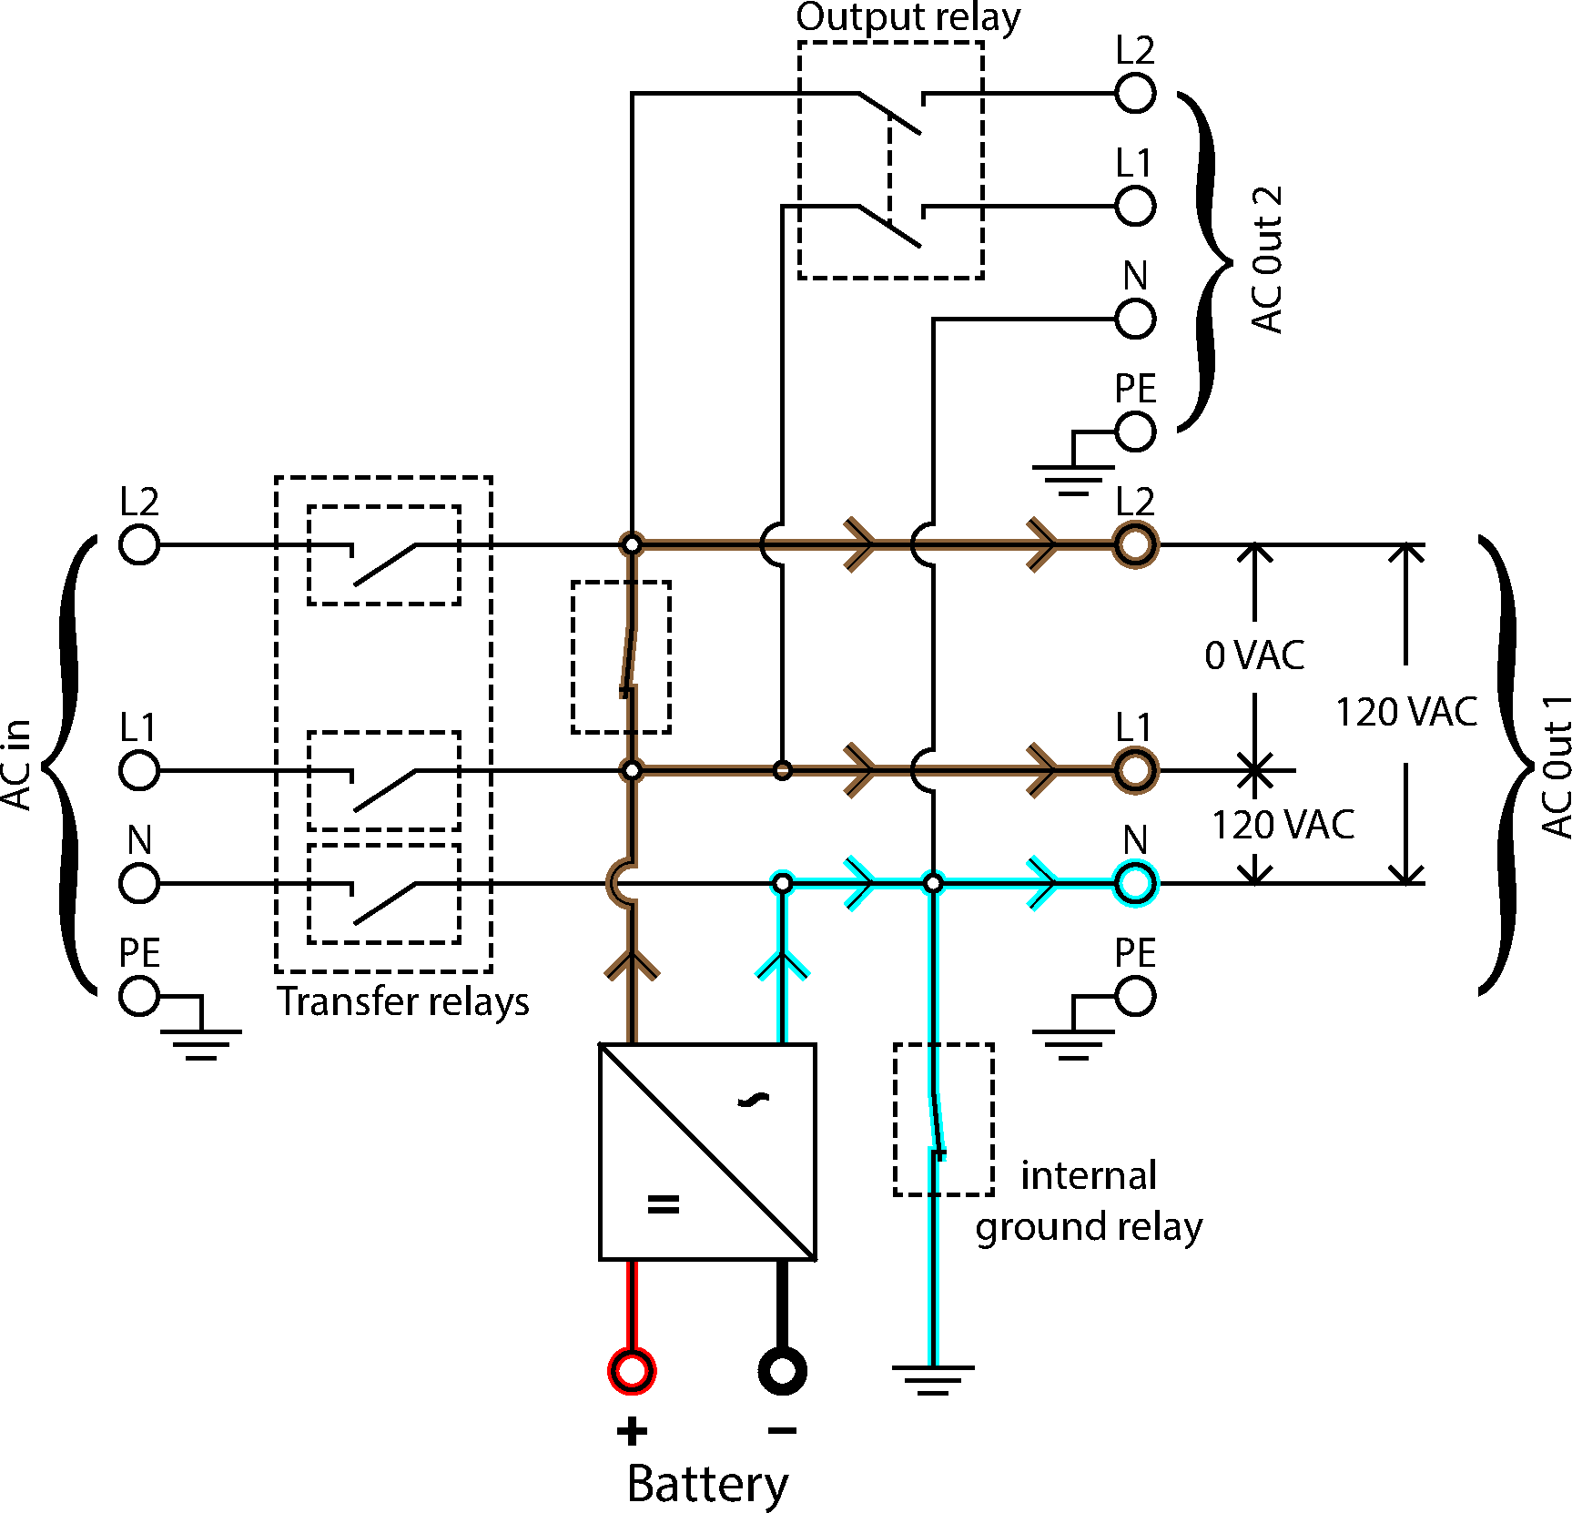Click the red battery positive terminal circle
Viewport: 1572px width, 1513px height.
point(632,1370)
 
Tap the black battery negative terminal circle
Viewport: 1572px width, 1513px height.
point(782,1370)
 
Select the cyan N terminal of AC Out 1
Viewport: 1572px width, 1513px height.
point(1135,883)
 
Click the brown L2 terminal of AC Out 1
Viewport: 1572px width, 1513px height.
point(1135,545)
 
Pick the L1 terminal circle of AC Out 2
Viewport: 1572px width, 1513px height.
point(1135,207)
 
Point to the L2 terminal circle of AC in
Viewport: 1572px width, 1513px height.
point(139,545)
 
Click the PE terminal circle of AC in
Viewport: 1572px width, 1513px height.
point(139,996)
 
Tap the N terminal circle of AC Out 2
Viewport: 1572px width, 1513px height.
point(1135,320)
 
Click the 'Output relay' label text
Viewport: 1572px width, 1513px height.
point(908,18)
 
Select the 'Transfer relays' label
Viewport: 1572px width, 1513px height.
point(402,1001)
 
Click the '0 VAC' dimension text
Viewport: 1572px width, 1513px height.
point(1254,655)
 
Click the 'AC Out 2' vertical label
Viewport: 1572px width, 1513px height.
point(1267,260)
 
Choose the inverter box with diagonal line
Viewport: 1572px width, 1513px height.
point(707,1152)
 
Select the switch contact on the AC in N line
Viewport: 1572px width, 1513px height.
point(384,901)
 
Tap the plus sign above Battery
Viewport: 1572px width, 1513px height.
point(632,1432)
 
